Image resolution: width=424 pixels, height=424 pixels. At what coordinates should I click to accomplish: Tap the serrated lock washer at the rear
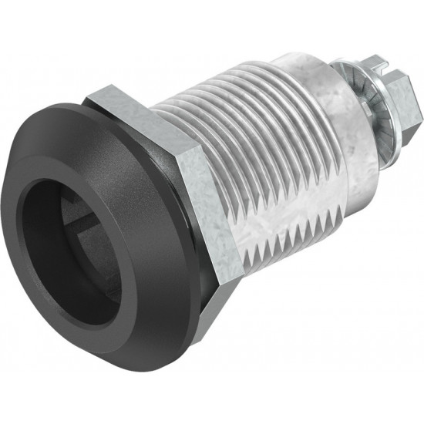pos(363,108)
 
